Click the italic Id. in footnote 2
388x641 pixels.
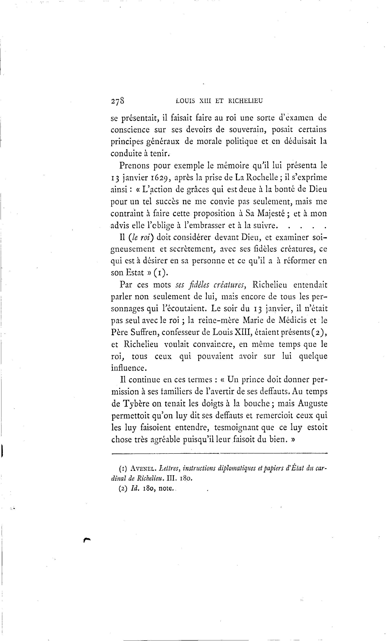click(x=134, y=488)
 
